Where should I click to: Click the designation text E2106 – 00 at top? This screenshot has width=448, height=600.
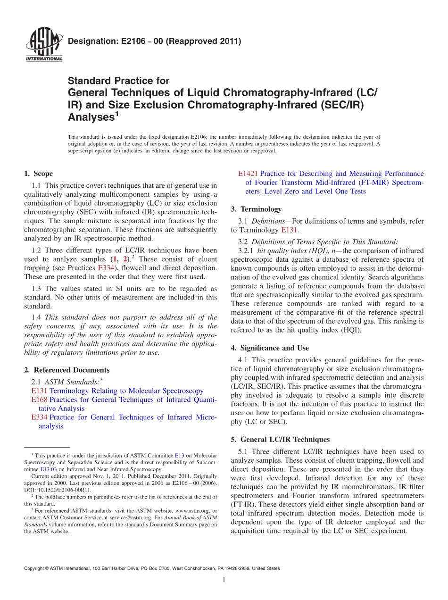click(x=155, y=42)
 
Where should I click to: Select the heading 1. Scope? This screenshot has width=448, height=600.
click(x=39, y=174)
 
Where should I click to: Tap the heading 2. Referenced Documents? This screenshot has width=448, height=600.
click(x=67, y=370)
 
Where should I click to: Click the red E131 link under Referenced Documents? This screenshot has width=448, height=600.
click(x=39, y=391)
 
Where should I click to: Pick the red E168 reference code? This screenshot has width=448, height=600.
click(x=39, y=400)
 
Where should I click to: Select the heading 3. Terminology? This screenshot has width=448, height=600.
click(x=257, y=209)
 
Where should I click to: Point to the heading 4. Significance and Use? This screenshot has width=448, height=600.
click(x=270, y=348)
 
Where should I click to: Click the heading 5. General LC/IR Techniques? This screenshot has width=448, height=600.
click(x=281, y=439)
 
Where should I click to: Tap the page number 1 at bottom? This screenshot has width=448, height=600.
click(x=224, y=580)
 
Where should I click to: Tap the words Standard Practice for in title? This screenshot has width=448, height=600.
click(x=119, y=81)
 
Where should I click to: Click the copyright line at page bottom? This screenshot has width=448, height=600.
click(x=152, y=568)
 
